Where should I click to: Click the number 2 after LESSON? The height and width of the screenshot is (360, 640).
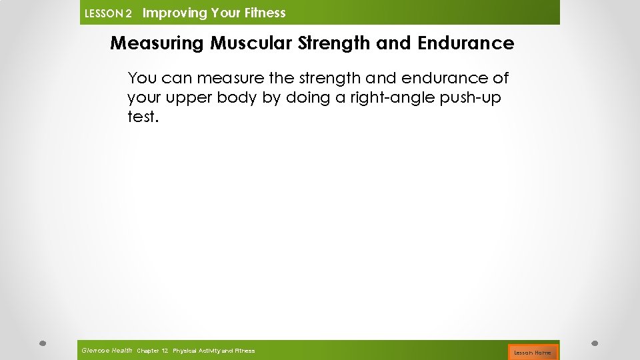129,14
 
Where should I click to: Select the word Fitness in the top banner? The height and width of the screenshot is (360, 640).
264,13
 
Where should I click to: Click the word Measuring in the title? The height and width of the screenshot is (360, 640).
157,43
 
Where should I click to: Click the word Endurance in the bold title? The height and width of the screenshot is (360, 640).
465,43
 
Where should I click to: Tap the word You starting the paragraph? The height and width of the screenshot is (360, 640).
140,78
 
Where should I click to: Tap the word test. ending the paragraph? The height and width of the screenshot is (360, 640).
143,117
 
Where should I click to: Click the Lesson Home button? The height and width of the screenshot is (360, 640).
532,352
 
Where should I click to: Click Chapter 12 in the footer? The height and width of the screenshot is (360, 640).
152,351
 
